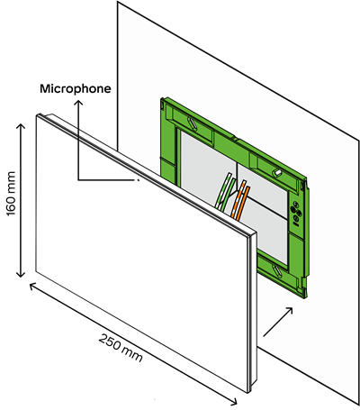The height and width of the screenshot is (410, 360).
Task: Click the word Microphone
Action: click(x=76, y=88)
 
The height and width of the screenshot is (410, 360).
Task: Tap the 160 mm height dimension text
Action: click(x=11, y=194)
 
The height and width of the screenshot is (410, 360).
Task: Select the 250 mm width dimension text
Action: click(x=121, y=347)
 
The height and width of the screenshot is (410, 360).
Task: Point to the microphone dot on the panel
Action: click(x=139, y=180)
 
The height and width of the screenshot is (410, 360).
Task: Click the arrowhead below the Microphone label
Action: click(x=78, y=103)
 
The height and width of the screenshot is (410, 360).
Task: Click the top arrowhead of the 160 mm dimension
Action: click(x=21, y=126)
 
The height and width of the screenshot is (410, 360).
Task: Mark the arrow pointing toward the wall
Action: click(x=278, y=322)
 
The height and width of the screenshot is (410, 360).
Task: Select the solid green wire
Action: click(x=227, y=196)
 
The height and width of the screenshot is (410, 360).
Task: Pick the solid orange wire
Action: click(x=244, y=203)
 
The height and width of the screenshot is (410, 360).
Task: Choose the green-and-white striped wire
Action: click(x=223, y=191)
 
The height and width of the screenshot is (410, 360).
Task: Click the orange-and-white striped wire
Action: click(x=239, y=198)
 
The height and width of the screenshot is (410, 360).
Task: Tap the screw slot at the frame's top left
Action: click(x=193, y=123)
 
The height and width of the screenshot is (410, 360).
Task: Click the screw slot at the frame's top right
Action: click(x=277, y=172)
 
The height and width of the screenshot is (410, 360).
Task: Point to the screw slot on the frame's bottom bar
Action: click(x=278, y=270)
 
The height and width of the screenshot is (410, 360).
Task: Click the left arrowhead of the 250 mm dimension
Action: click(x=32, y=287)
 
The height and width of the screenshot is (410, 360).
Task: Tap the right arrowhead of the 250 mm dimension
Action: click(x=234, y=402)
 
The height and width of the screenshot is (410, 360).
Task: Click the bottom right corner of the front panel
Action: click(x=247, y=393)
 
